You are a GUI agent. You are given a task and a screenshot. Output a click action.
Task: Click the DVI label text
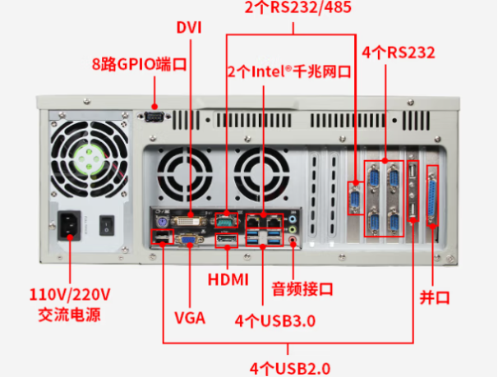[189, 26]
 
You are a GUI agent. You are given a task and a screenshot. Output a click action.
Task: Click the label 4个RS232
[399, 53]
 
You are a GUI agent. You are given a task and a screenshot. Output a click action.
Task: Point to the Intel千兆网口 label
[289, 72]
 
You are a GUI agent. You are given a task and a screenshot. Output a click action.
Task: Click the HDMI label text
[228, 279]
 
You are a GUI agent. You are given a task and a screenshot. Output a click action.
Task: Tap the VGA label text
[190, 316]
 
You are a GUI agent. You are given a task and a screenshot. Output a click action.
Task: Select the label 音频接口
[302, 289]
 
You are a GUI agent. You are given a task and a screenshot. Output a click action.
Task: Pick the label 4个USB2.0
[293, 366]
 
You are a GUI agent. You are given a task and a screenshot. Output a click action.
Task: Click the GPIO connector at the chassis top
[155, 116]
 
